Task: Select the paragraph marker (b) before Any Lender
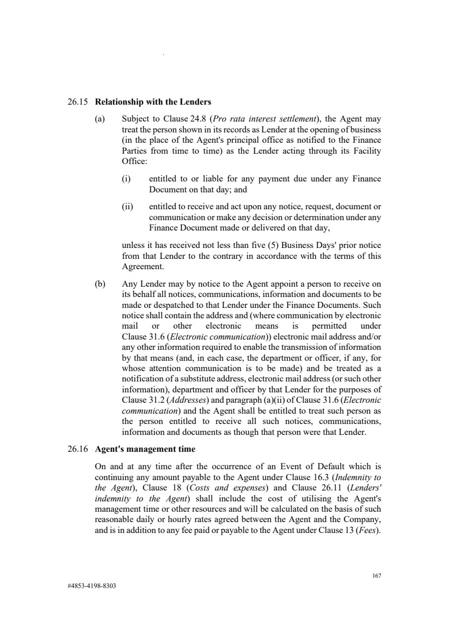[100, 284]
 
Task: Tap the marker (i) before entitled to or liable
[126, 179]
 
